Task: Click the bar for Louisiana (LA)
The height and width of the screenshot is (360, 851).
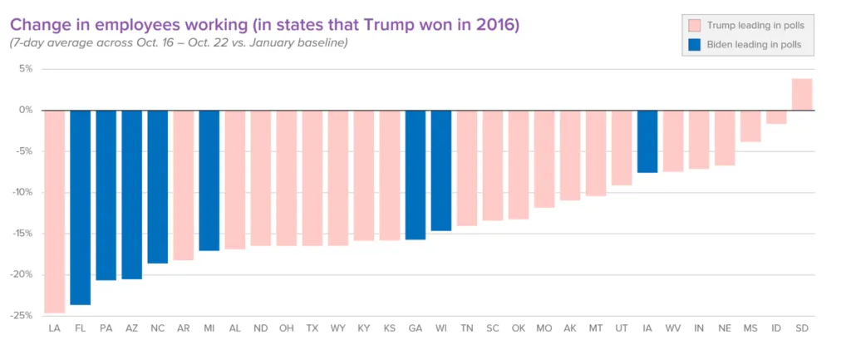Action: pos(54,212)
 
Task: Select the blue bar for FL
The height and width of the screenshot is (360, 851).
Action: pos(81,207)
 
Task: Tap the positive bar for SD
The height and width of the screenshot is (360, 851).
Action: pos(802,95)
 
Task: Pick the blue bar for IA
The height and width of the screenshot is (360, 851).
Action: pos(647,141)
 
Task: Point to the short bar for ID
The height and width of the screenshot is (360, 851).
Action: pos(776,116)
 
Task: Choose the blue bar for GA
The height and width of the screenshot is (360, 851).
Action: pos(416,175)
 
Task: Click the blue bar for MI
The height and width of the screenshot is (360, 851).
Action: pos(209,180)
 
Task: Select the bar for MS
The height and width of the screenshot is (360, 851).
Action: pos(750,126)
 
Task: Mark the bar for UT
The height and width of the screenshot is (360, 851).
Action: pos(622,148)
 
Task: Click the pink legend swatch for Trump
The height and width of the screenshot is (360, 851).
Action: pos(695,26)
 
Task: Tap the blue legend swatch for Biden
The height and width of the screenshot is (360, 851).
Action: pos(695,45)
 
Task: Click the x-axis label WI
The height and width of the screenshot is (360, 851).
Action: pos(441,328)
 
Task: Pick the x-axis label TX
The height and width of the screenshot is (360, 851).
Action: pos(312,328)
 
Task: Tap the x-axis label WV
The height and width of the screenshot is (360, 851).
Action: pos(673,328)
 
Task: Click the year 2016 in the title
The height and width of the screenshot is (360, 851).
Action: pos(499,25)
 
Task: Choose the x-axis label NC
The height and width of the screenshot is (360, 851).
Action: pos(157,328)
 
